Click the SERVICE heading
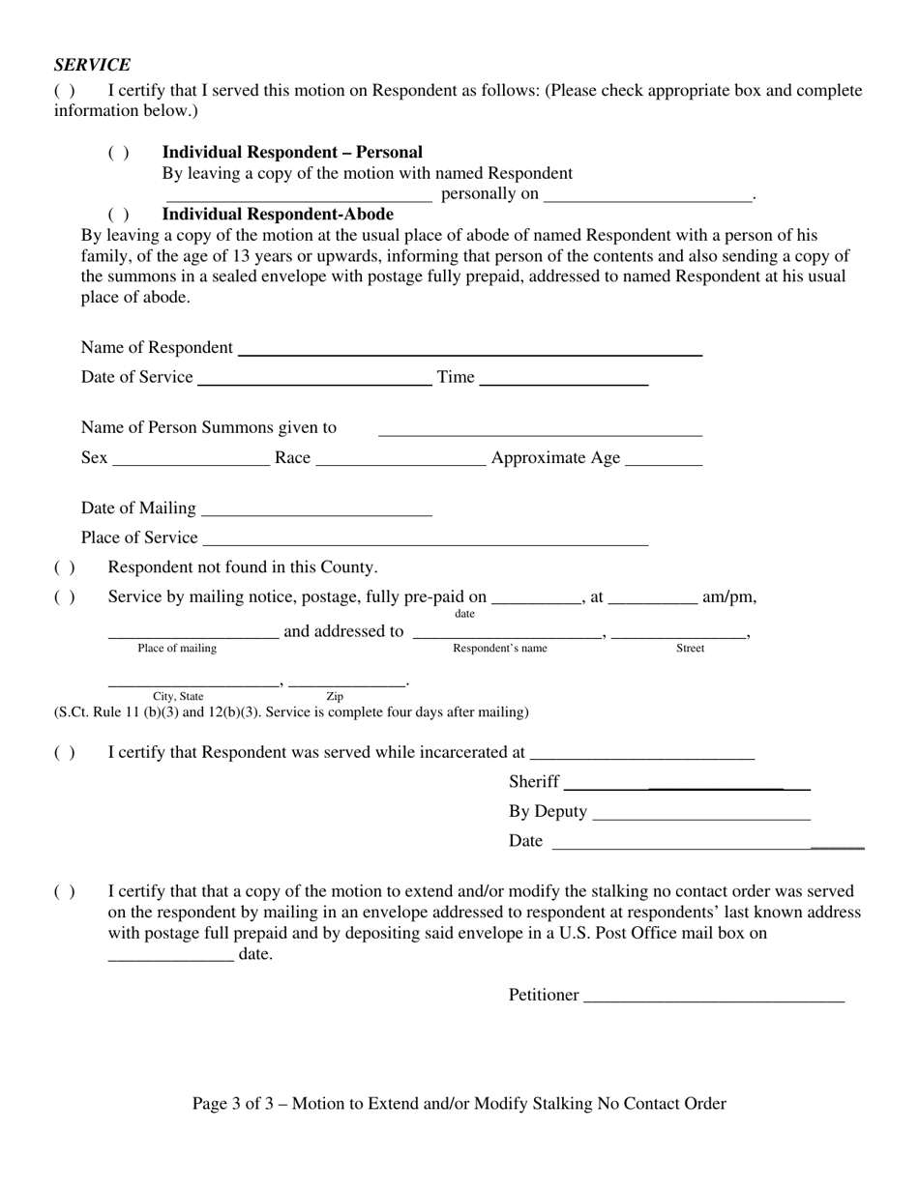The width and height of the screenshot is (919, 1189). click(x=92, y=65)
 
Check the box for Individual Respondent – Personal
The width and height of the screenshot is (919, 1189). click(x=118, y=153)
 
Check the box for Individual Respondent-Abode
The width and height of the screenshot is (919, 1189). click(x=118, y=215)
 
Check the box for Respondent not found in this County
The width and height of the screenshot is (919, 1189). click(x=65, y=567)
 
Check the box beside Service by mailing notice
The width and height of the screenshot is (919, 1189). click(x=65, y=597)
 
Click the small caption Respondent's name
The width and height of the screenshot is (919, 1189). click(x=500, y=649)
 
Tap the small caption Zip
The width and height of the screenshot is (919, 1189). click(x=335, y=696)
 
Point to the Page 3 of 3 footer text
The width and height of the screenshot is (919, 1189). click(x=459, y=1104)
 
